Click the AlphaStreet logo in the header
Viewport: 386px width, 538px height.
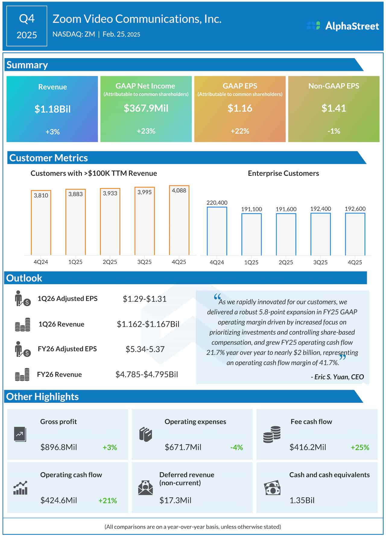pyautogui.click(x=343, y=26)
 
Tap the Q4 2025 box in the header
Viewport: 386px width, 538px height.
pyautogui.click(x=27, y=26)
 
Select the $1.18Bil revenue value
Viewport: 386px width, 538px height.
pyautogui.click(x=52, y=109)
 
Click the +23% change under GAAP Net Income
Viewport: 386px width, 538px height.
pyautogui.click(x=146, y=131)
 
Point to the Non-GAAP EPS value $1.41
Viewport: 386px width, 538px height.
pyautogui.click(x=334, y=108)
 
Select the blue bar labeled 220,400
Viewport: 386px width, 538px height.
pyautogui.click(x=217, y=231)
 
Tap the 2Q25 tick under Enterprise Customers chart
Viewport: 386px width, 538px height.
pyautogui.click(x=286, y=262)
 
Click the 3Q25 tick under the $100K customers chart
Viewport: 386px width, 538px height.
pyautogui.click(x=144, y=262)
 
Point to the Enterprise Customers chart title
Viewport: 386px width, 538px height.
pyautogui.click(x=283, y=173)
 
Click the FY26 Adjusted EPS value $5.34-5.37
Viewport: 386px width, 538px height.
pyautogui.click(x=145, y=349)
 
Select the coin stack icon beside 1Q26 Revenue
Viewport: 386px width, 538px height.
pyautogui.click(x=23, y=325)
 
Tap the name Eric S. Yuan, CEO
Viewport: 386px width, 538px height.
pyautogui.click(x=337, y=377)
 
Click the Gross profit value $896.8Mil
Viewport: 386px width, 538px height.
pyautogui.click(x=59, y=447)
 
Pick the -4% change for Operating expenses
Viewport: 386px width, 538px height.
pyautogui.click(x=236, y=447)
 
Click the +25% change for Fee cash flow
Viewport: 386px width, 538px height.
pyautogui.click(x=360, y=447)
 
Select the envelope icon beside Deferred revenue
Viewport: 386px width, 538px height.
pyautogui.click(x=145, y=488)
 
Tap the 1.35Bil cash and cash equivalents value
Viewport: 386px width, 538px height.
pyautogui.click(x=302, y=500)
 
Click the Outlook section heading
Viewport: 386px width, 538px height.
pyautogui.click(x=24, y=278)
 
